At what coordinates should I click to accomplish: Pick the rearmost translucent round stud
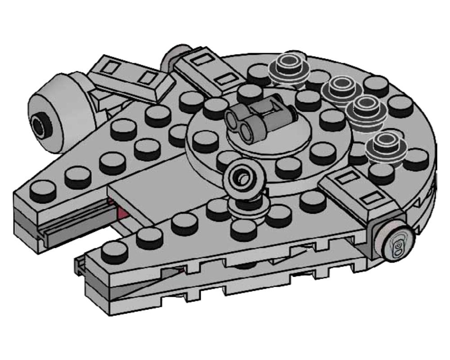288,67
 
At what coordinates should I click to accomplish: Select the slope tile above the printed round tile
360,191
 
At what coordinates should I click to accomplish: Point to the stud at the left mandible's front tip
43,189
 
